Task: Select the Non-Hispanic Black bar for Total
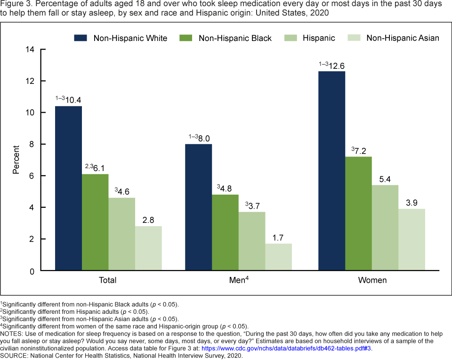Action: tap(95, 222)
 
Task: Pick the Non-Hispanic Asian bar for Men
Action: tap(279, 257)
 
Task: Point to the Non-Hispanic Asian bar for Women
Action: tap(412, 240)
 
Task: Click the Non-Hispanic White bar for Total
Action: tap(68, 188)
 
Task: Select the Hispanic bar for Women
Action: tap(385, 228)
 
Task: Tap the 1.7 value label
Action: tap(279, 237)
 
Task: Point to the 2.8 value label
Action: tap(148, 220)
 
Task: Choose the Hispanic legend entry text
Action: tap(319, 38)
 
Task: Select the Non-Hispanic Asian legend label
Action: tap(403, 38)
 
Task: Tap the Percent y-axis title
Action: tap(16, 160)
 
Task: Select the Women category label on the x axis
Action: tap(372, 280)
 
